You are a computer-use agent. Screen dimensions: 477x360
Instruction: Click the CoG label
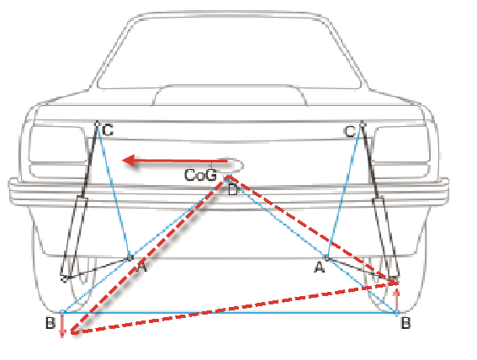coord(200,175)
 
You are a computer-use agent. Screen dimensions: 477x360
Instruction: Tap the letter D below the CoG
coord(233,190)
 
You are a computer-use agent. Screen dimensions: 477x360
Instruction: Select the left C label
coord(108,130)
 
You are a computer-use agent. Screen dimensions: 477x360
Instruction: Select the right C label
coord(350,132)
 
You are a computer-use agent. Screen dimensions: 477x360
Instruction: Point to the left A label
coord(140,267)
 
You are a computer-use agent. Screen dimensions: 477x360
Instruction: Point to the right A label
coord(319,267)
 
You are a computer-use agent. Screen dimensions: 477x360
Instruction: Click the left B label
coord(50,323)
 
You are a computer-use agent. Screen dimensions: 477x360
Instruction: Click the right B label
coord(405,323)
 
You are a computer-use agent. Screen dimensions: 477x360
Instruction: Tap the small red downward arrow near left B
coord(62,326)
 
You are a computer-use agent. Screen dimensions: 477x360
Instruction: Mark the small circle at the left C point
coord(97,124)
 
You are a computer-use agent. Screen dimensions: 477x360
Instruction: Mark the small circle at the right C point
coord(362,124)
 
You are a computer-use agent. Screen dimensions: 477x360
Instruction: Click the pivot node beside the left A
coord(130,257)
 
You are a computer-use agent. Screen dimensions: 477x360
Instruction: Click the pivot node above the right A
coord(327,258)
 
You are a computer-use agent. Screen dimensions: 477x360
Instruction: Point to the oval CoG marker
coord(234,165)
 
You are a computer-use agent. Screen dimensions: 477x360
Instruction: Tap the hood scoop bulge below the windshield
coord(230,95)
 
